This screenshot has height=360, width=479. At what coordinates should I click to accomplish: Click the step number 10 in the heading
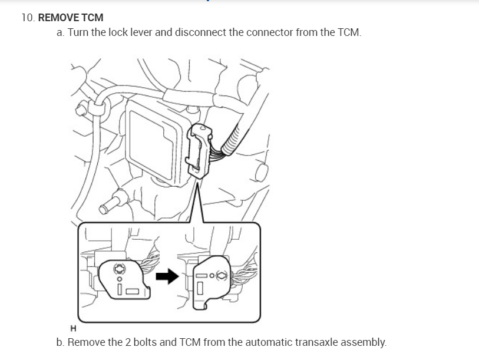tap(27, 18)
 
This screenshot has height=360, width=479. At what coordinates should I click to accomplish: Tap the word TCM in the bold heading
tap(93, 18)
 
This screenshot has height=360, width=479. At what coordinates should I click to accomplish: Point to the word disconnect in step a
tap(199, 32)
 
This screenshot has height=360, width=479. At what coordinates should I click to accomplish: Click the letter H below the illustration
tap(73, 328)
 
